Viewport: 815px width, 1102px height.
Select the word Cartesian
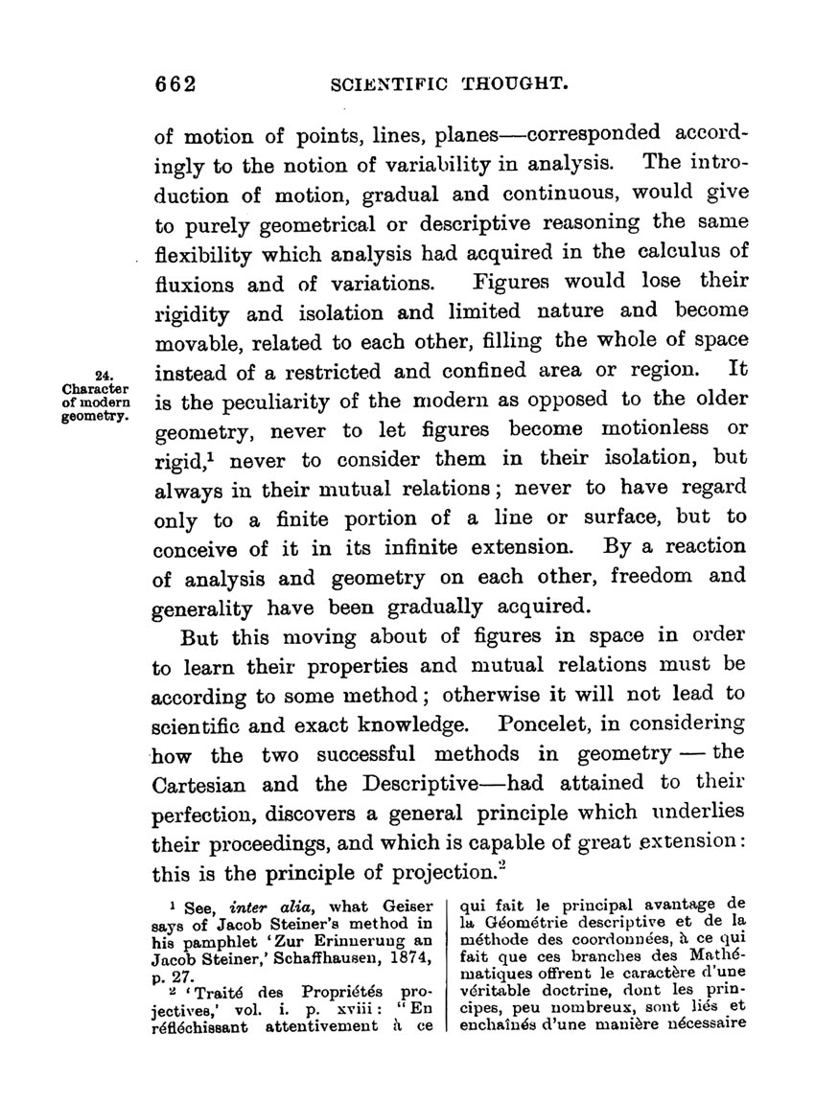tap(205, 783)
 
